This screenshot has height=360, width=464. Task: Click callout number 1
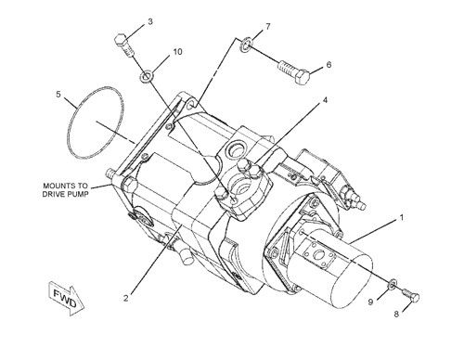click(x=402, y=218)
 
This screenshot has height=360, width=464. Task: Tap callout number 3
click(x=150, y=21)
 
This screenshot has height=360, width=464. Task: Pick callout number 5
click(x=58, y=94)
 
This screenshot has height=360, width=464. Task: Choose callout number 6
click(x=329, y=67)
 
